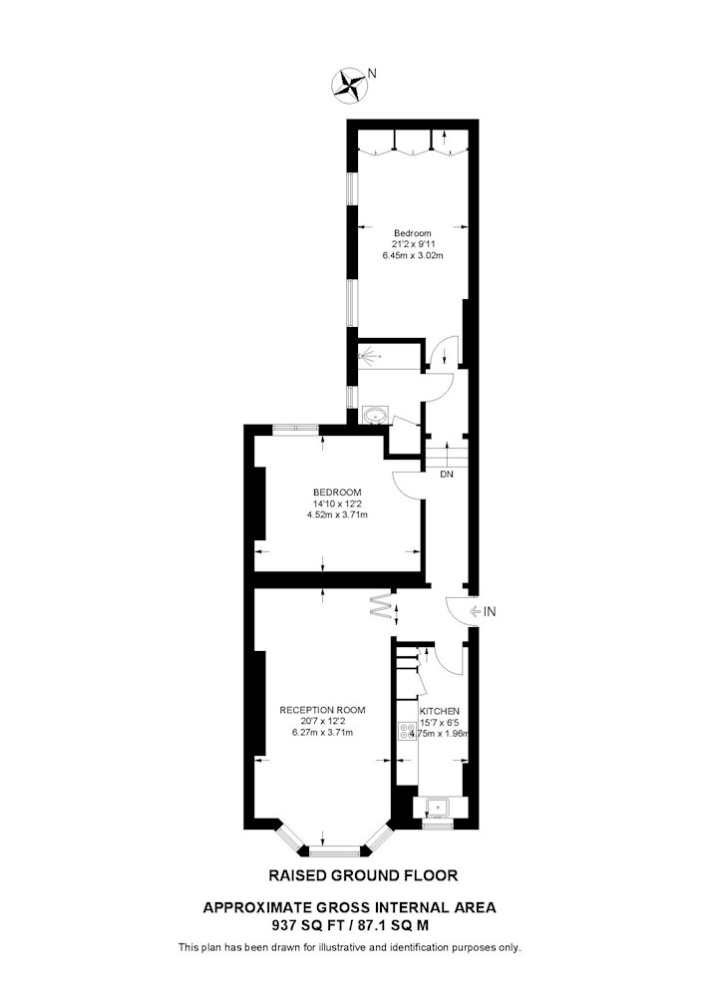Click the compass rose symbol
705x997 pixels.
click(x=348, y=86)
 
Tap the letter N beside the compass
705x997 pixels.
click(x=373, y=73)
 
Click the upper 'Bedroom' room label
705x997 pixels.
click(x=412, y=233)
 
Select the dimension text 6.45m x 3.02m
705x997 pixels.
click(x=412, y=255)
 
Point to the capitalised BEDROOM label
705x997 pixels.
click(x=337, y=493)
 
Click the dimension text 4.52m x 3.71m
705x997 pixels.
click(x=337, y=515)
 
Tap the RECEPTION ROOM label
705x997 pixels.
click(x=322, y=710)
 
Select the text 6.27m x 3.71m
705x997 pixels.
click(x=322, y=733)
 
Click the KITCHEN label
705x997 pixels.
click(x=440, y=711)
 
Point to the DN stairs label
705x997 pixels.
click(x=447, y=475)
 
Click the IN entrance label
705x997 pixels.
click(x=490, y=612)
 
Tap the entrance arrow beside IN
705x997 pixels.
click(x=475, y=612)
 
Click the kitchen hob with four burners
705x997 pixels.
click(x=405, y=731)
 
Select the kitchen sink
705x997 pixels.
click(x=437, y=808)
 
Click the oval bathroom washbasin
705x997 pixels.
click(x=374, y=416)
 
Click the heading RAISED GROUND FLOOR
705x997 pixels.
click(x=363, y=875)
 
